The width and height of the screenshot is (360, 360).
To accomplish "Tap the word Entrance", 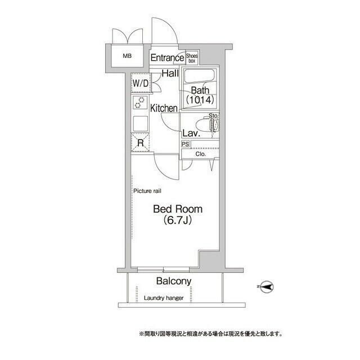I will tap(167, 57).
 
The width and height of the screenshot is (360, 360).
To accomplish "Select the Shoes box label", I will tap(192, 57).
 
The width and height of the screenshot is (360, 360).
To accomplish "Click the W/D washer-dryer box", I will tap(140, 84).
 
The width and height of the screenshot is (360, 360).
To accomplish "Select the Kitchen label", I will tap(164, 108).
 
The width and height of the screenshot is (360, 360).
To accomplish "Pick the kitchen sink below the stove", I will tap(139, 123).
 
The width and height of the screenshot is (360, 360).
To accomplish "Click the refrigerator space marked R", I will tap(140, 143).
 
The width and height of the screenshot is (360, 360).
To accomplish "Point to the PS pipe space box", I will tap(185, 144).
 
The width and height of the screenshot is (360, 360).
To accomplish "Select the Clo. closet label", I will tap(200, 153).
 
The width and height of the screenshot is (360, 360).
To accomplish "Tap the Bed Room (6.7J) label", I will tap(178, 214).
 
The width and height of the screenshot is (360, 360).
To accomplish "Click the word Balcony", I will tap(174, 281).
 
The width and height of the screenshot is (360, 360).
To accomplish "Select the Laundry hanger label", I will tap(163, 298).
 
